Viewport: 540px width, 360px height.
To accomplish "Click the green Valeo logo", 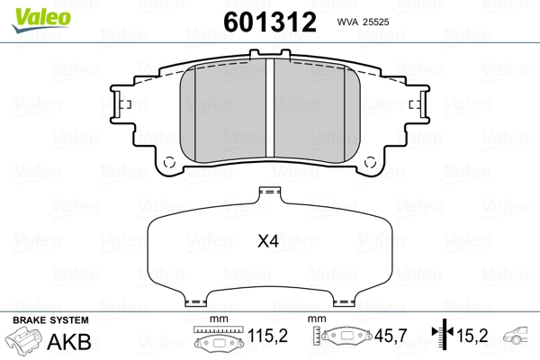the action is [41, 19].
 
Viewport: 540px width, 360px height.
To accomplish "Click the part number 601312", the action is [270, 22].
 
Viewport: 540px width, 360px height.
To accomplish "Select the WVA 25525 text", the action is [363, 22].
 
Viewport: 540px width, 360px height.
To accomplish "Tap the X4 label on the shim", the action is [268, 241].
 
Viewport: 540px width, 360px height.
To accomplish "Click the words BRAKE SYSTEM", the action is [50, 320].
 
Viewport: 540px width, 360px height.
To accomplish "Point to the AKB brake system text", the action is [69, 342].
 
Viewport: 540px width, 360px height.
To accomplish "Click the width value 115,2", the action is [267, 336].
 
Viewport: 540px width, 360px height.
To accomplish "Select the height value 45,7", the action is [391, 336].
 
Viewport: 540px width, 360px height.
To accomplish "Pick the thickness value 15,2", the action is [472, 336].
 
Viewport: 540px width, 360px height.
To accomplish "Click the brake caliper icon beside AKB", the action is [24, 338].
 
